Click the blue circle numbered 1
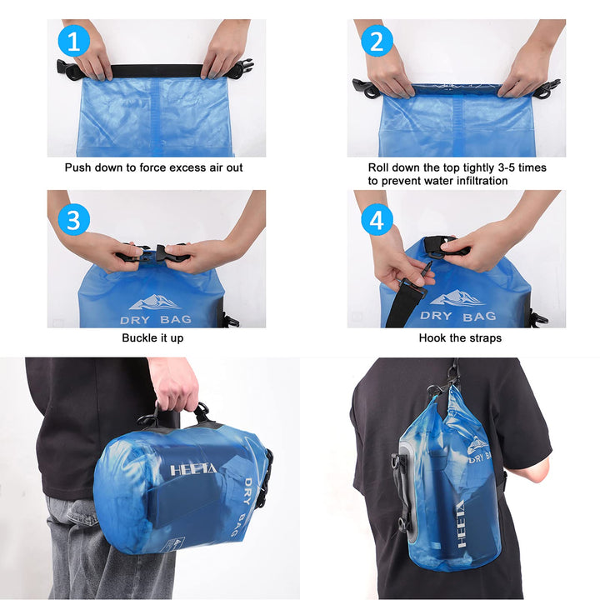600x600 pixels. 73,42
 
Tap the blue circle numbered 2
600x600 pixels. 377,41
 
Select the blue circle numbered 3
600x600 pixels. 73,220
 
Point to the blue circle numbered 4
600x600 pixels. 377,220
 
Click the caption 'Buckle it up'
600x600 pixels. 152,338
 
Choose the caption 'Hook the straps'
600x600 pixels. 460,338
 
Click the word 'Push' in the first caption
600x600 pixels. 79,167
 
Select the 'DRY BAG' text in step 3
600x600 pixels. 156,319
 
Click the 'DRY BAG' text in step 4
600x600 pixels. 457,317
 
